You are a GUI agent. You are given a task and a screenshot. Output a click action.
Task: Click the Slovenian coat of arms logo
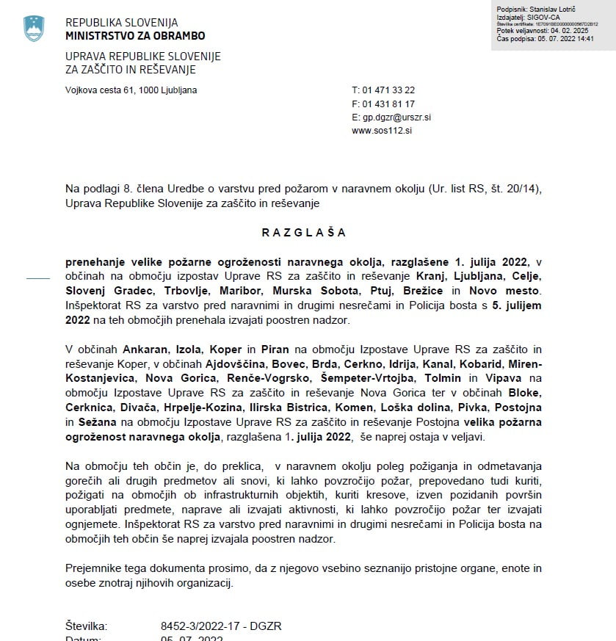click(x=34, y=29)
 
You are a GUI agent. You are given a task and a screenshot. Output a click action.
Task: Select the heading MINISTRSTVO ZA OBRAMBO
click(x=135, y=35)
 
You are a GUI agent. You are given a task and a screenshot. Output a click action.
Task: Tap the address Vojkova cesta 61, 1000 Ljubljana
click(x=131, y=90)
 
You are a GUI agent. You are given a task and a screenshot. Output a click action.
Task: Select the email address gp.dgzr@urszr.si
click(x=396, y=117)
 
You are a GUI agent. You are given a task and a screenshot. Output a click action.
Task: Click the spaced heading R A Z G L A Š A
click(x=303, y=233)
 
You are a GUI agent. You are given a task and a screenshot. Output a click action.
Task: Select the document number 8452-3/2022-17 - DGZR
click(x=221, y=626)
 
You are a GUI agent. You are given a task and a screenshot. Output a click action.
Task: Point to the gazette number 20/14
click(x=525, y=189)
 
